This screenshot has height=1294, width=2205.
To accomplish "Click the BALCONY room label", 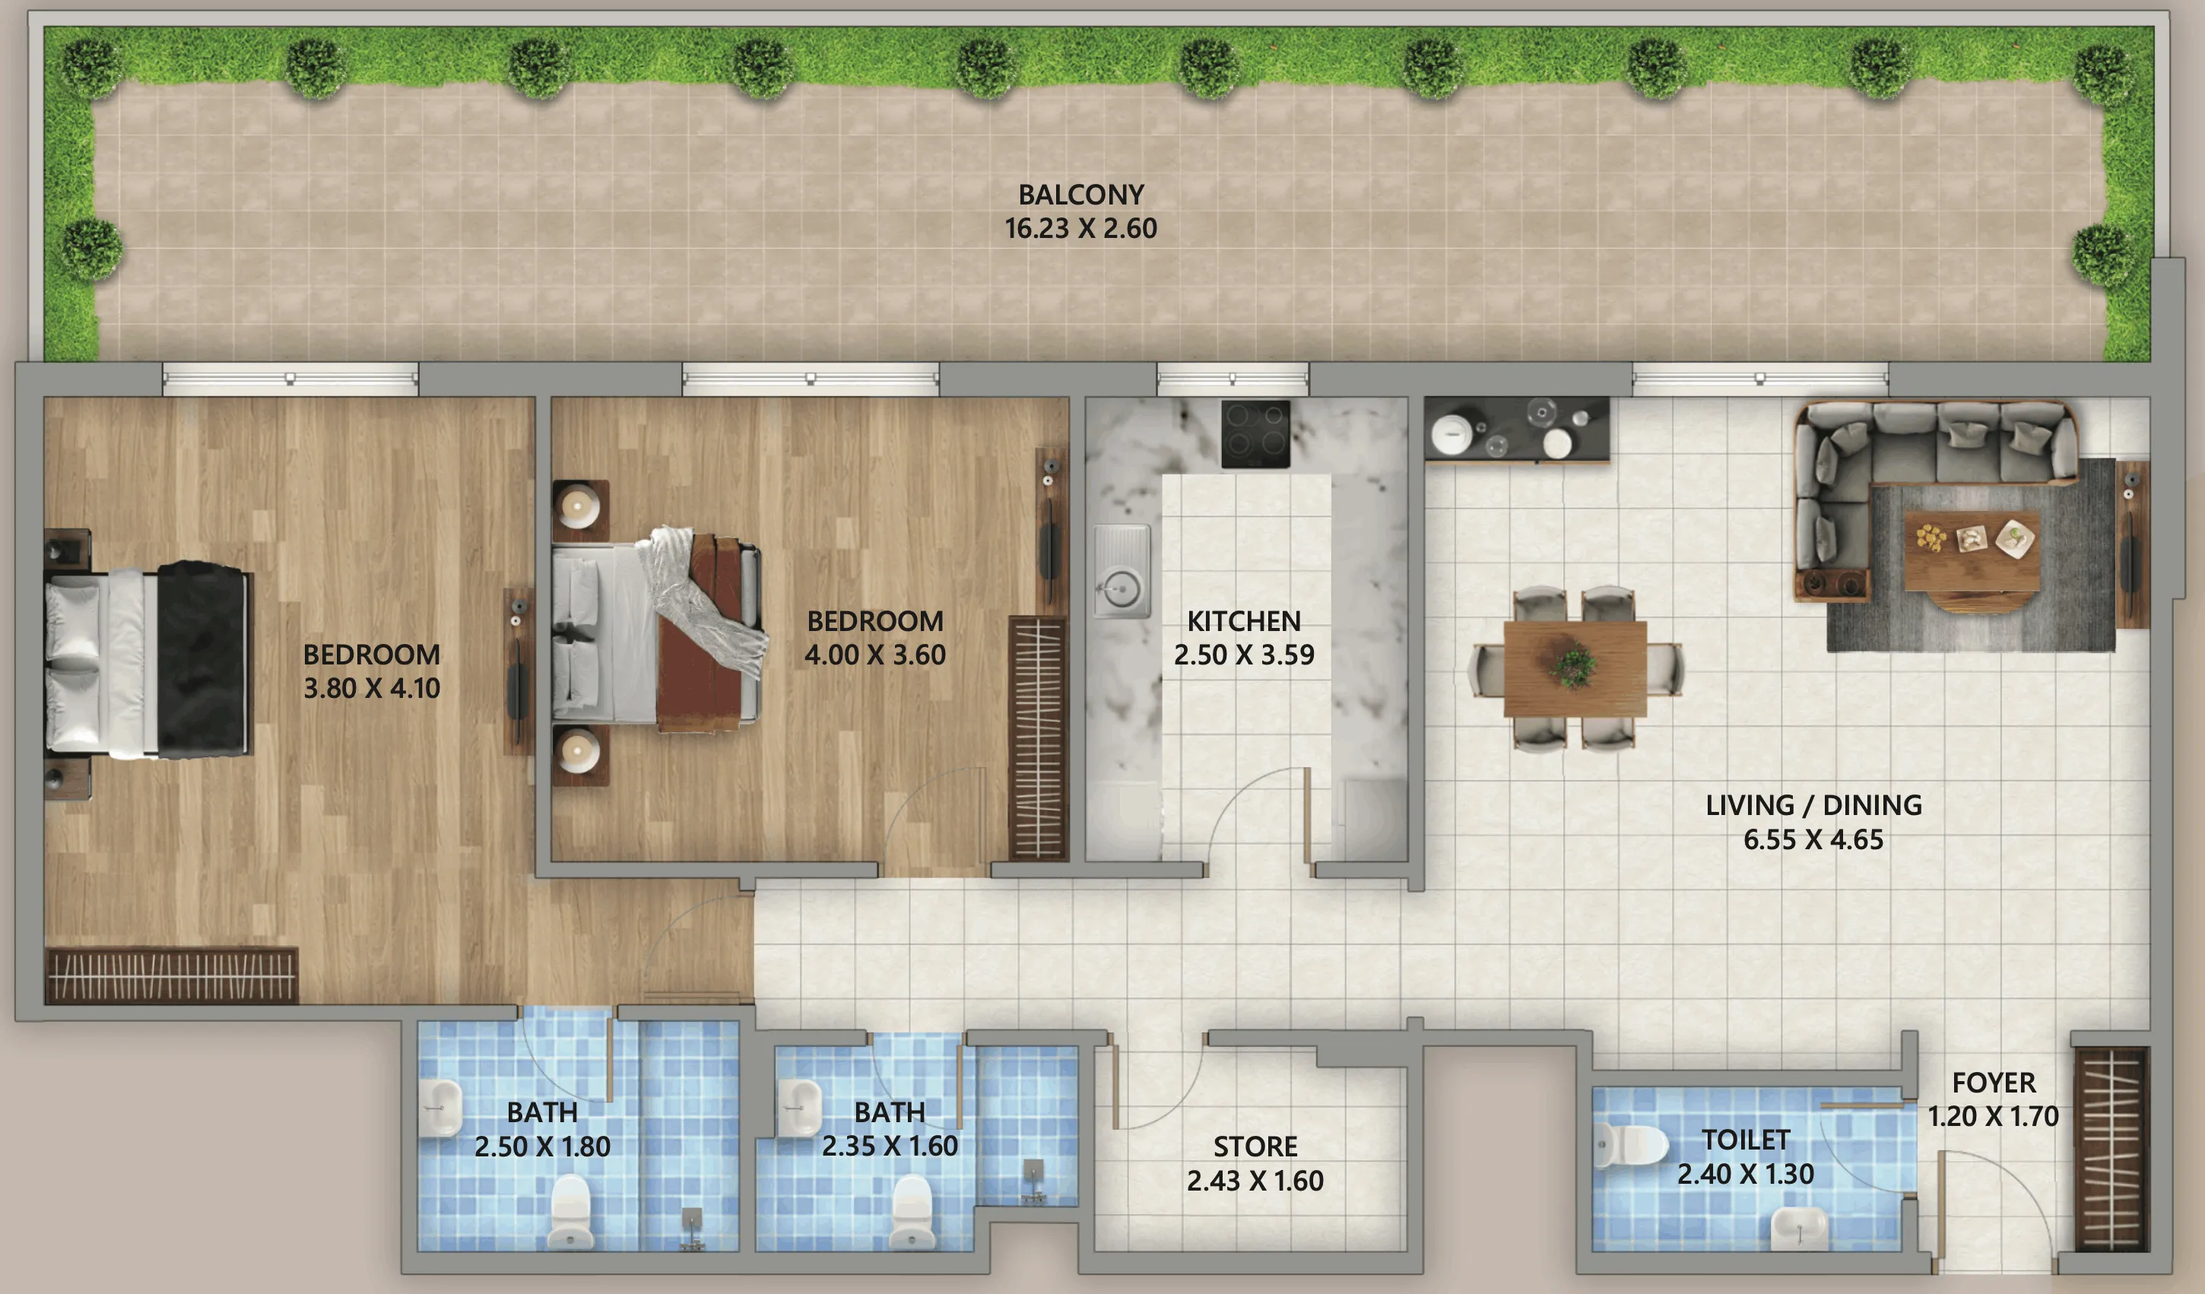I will pos(1080,194).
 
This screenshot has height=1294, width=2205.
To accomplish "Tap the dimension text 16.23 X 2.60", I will pos(1080,228).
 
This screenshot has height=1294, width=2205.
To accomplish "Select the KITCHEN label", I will pos(1243,621).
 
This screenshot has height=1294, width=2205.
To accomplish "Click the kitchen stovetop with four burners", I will pos(1255,434).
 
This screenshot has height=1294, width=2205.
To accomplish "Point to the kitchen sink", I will pos(1121,572).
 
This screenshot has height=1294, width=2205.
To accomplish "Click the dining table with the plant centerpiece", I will pos(1574,668).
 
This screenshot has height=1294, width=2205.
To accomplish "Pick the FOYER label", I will pos(1994,1083).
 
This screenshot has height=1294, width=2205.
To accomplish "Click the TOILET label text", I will pos(1746,1140).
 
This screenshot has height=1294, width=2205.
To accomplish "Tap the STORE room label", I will pos(1255,1147).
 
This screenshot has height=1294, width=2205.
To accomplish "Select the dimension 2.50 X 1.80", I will pos(541,1147).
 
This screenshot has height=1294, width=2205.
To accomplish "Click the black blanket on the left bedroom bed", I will pos(202,660).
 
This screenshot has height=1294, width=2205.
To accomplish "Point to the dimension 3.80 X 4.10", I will pos(371,689).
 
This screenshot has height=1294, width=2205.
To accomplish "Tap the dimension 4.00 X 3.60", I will pos(875,655).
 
